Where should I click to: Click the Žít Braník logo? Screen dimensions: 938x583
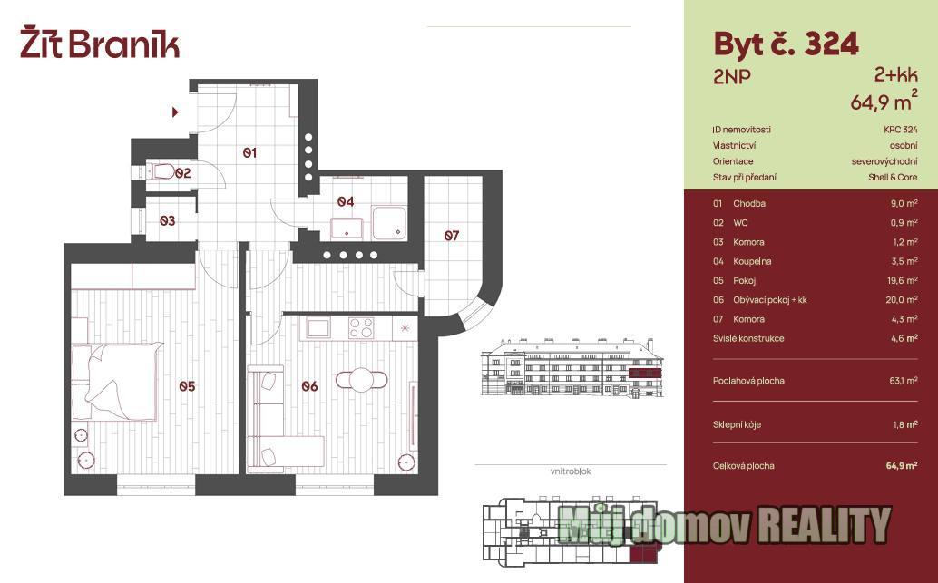(x=100, y=43)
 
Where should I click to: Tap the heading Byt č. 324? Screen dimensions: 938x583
(x=787, y=44)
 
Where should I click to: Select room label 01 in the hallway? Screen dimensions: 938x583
(x=249, y=153)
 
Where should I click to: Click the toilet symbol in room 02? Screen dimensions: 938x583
(x=161, y=172)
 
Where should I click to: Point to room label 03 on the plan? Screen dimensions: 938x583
(x=168, y=220)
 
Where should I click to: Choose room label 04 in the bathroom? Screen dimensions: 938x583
(x=345, y=202)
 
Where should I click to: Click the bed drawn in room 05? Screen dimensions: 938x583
(x=117, y=380)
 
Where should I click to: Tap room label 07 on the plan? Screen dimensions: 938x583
(x=452, y=236)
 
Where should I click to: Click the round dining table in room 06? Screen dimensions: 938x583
(x=362, y=380)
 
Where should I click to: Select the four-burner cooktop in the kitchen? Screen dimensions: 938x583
(x=361, y=328)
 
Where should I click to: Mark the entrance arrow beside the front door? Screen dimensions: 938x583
(x=175, y=112)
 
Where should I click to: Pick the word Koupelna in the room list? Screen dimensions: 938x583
(x=752, y=261)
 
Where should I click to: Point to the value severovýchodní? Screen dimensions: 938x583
(x=884, y=161)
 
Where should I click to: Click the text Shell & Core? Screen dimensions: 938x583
(x=893, y=178)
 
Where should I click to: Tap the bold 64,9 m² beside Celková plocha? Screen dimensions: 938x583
(x=902, y=466)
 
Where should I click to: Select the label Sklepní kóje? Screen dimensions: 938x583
(x=737, y=425)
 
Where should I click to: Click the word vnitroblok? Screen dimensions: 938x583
(x=571, y=471)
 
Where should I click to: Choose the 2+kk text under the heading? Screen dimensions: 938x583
(x=895, y=75)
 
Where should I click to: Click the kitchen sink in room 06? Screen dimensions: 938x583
(x=318, y=327)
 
